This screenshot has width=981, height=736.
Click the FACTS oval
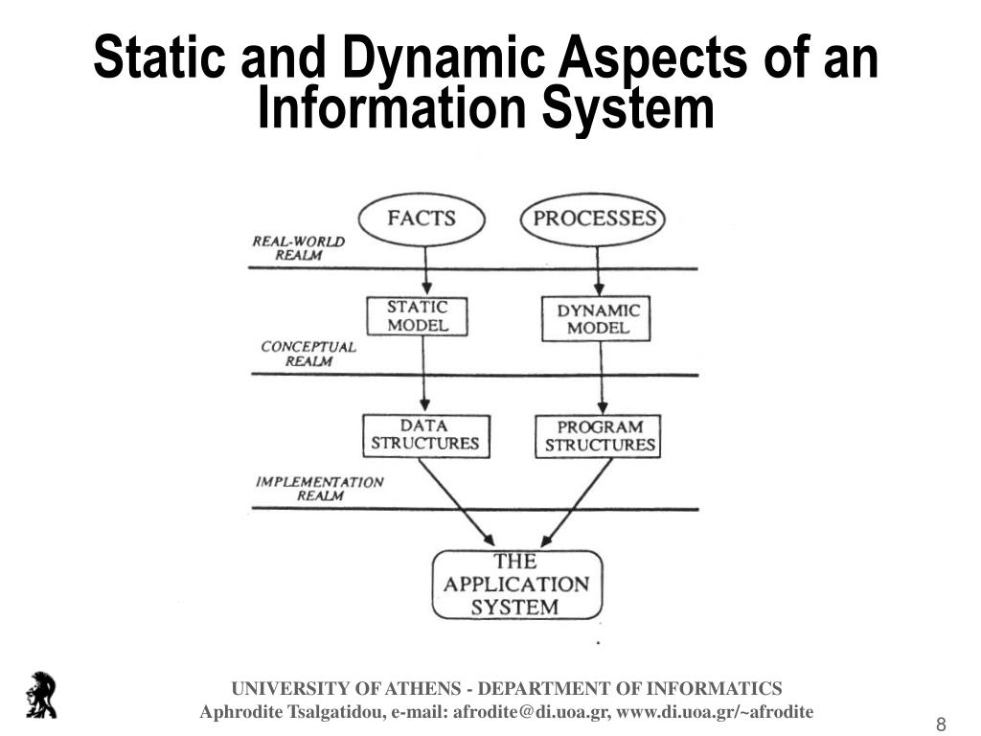click(420, 219)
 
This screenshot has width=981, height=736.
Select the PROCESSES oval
click(594, 219)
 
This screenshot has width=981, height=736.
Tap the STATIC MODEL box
click(417, 316)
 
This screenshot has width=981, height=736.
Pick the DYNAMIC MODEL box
click(597, 319)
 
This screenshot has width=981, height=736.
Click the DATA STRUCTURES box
click(424, 435)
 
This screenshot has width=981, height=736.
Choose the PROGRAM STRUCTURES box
click(600, 436)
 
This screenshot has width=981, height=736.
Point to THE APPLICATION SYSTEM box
click(515, 585)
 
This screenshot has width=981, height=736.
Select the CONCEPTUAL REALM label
click(308, 354)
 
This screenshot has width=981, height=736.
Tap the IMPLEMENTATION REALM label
click(319, 489)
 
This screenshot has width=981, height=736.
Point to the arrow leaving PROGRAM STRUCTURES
click(577, 501)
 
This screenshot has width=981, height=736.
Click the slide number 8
click(941, 724)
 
